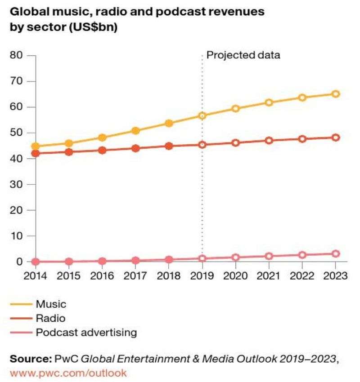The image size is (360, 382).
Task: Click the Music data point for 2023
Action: pos(336,94)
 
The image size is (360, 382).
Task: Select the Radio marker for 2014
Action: pos(36,153)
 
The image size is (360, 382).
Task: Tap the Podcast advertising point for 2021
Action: pos(269,256)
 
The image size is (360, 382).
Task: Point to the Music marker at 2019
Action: pos(202,115)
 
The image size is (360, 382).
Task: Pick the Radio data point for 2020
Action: pos(236,143)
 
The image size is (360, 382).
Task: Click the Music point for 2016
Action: pos(102,138)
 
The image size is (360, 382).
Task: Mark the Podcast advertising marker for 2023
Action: pos(336,254)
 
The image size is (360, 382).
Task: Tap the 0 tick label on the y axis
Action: pos(19,262)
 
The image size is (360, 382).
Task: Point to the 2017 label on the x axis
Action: pos(135,276)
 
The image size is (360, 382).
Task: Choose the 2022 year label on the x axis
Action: pos(302,276)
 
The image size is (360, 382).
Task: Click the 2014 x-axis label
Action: pos(36,276)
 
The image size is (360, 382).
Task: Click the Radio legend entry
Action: pos(50,319)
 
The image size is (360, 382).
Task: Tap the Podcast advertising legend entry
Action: pos(86,333)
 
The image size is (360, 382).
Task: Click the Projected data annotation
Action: pos(243,56)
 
